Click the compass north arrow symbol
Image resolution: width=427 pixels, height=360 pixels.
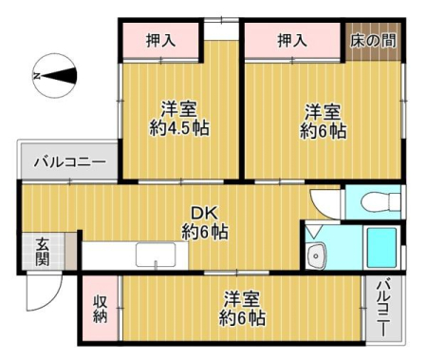pyautogui.click(x=55, y=76)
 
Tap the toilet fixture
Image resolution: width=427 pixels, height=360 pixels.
pyautogui.click(x=381, y=201)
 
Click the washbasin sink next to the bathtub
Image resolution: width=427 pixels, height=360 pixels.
pyautogui.click(x=316, y=256)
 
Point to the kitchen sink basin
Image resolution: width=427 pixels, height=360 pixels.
pyautogui.click(x=156, y=255)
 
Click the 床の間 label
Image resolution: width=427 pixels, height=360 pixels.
pyautogui.click(x=373, y=41)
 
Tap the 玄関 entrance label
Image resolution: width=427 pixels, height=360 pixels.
pyautogui.click(x=43, y=252)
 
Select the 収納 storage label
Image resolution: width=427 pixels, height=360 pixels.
pyautogui.click(x=100, y=309)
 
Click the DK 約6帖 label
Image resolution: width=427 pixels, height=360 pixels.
pyautogui.click(x=205, y=222)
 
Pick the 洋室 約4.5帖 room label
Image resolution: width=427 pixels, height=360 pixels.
pyautogui.click(x=179, y=119)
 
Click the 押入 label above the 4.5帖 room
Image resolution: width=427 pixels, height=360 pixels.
pyautogui.click(x=160, y=41)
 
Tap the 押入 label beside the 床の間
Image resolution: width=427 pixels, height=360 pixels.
pyautogui.click(x=292, y=41)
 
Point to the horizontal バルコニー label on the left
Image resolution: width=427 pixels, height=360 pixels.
pyautogui.click(x=70, y=162)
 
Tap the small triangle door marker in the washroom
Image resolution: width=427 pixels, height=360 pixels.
pyautogui.click(x=314, y=232)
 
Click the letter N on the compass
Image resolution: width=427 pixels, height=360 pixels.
pyautogui.click(x=37, y=76)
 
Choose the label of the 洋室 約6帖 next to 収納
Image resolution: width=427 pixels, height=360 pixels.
pyautogui.click(x=242, y=308)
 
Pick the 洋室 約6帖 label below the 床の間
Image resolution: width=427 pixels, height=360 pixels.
pyautogui.click(x=323, y=121)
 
